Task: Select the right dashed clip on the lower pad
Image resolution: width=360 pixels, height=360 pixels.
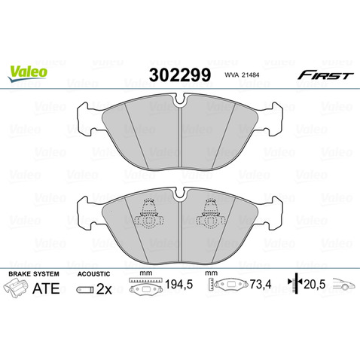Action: pyautogui.click(x=211, y=218)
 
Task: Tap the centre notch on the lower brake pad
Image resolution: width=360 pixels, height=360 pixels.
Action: pyautogui.click(x=179, y=199)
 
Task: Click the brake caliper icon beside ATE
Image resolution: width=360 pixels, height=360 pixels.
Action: pyautogui.click(x=16, y=287)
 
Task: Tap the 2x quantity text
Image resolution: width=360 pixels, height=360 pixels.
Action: pyautogui.click(x=104, y=287)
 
